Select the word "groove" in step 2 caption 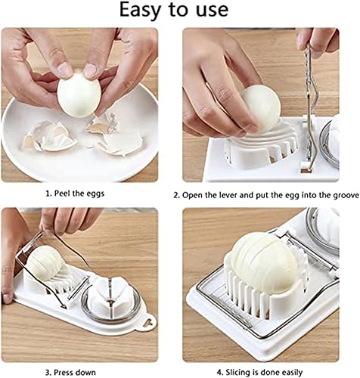click(x=336, y=194)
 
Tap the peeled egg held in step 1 click(x=77, y=91)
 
